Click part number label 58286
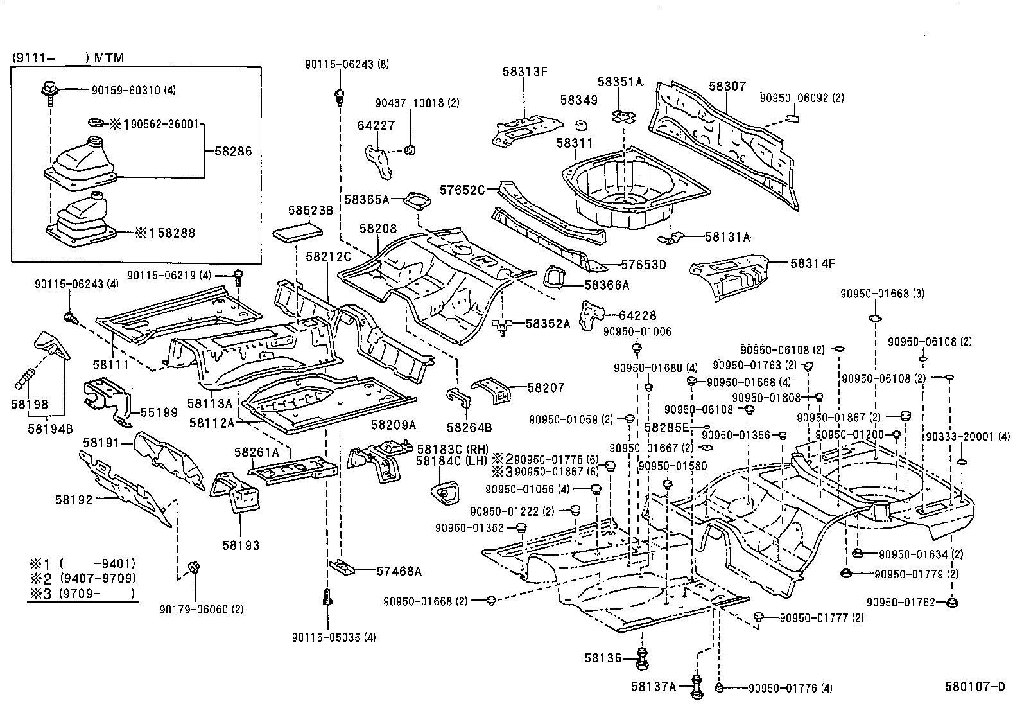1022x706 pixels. coord(233,152)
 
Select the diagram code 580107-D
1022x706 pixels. coord(974,686)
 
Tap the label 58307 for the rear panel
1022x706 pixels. coord(727,86)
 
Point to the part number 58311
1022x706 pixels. coord(575,143)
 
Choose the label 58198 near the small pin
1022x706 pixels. coord(30,403)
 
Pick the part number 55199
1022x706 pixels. coord(159,412)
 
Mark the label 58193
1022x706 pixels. coord(241,545)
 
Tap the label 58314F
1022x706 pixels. coord(813,263)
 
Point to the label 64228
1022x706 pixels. coord(637,315)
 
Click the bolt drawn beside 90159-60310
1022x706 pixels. coord(49,89)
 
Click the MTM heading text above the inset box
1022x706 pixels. coord(108,58)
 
